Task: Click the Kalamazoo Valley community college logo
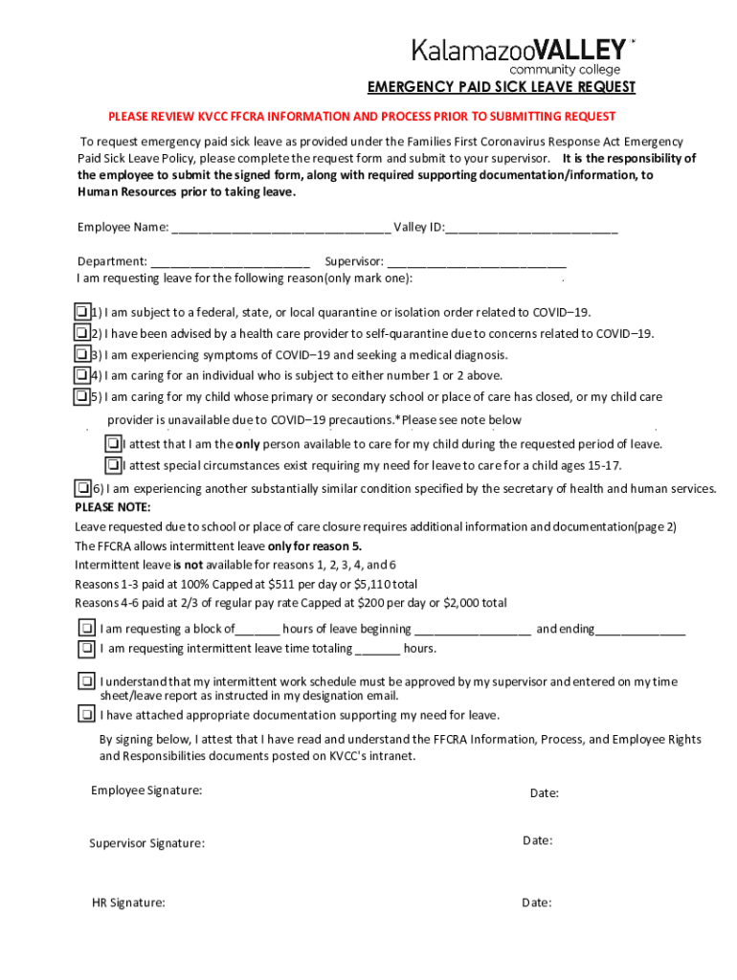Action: [x=522, y=56]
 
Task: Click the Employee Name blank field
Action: [x=280, y=228]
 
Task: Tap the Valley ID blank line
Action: [x=531, y=228]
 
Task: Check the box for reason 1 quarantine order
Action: [x=82, y=312]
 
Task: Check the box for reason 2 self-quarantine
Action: [x=82, y=333]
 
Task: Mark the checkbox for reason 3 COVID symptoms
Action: [x=82, y=354]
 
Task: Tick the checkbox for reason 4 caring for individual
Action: [x=82, y=375]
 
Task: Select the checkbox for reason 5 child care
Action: [x=82, y=396]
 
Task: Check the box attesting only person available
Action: [x=113, y=444]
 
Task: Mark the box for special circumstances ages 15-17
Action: [x=113, y=465]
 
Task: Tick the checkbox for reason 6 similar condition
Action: [x=83, y=488]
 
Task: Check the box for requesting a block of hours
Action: [x=86, y=629]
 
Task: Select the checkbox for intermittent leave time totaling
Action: [x=86, y=648]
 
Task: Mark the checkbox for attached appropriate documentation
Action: [x=86, y=715]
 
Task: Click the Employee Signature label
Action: [x=146, y=791]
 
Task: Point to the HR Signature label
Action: [x=128, y=902]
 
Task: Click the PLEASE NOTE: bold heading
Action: [x=113, y=507]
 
